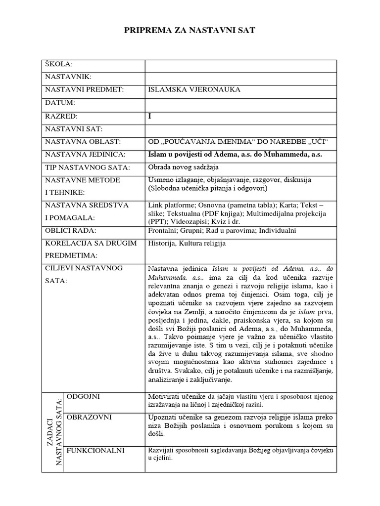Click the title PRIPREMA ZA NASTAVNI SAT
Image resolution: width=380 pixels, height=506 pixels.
190,31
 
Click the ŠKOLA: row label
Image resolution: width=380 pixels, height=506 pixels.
59,64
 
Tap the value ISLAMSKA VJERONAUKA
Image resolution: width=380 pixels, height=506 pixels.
194,90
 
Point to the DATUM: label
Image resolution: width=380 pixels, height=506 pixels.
60,103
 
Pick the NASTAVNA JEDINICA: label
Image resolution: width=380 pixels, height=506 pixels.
85,155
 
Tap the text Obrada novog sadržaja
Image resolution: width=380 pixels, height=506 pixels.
183,168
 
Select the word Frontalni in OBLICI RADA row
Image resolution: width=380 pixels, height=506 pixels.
163,231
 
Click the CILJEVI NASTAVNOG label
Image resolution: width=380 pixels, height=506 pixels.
84,268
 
